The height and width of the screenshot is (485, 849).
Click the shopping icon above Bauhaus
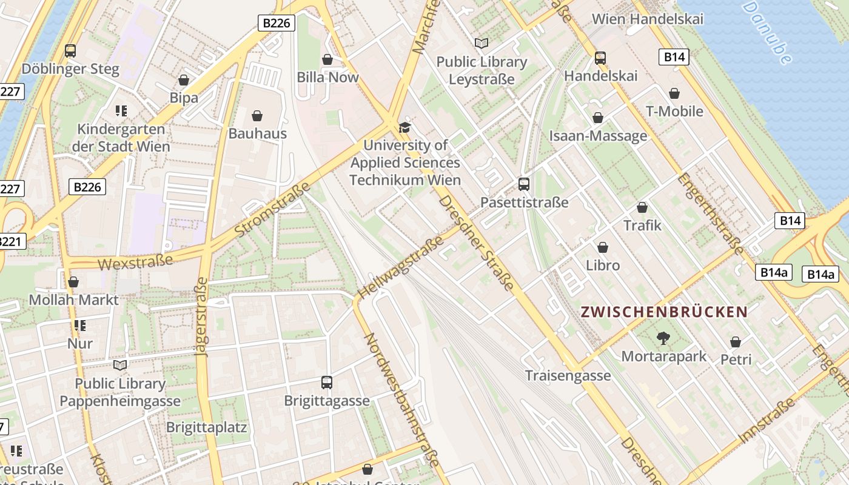point(257,116)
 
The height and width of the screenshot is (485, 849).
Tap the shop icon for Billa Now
point(327,59)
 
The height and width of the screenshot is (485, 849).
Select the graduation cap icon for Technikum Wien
point(404,127)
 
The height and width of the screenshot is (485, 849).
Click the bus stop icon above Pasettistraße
point(524,184)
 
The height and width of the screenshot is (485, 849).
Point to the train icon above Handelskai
point(600,58)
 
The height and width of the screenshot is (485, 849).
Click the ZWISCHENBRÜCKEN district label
point(664,312)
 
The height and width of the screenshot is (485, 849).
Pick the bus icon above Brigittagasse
point(327,383)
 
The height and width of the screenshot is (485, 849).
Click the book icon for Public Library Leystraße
point(482,44)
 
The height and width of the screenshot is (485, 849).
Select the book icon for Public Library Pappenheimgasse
point(120,365)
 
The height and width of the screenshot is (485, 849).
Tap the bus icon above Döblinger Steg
point(70,51)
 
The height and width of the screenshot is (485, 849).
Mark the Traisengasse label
point(568,376)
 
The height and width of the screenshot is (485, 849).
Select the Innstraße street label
point(767,420)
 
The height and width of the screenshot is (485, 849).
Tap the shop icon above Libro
point(603,247)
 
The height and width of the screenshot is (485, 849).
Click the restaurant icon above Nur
point(79,326)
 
